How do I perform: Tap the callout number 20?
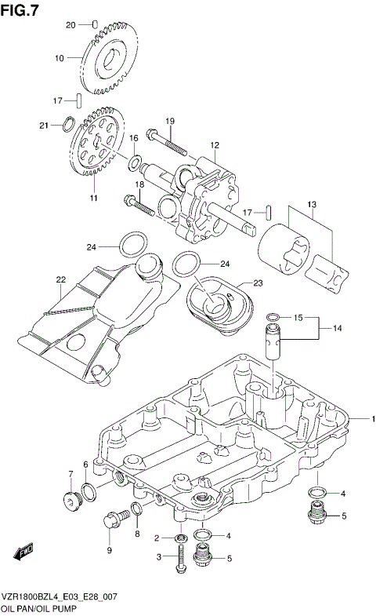(70, 25)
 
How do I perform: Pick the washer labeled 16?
(135, 163)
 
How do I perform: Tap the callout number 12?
(214, 144)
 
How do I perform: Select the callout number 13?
(311, 206)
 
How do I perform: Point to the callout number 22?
(60, 279)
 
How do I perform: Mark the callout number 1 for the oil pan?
(374, 419)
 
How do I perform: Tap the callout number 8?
(137, 534)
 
